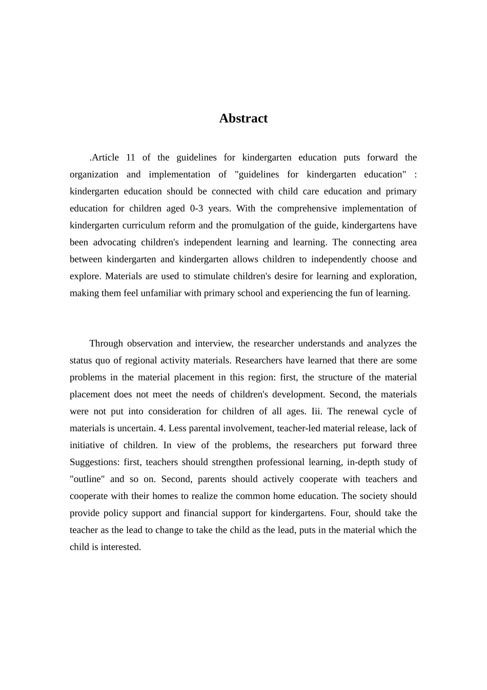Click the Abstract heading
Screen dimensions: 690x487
coord(243,119)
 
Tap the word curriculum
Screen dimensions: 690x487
coord(143,225)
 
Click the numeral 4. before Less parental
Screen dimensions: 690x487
coord(161,428)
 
